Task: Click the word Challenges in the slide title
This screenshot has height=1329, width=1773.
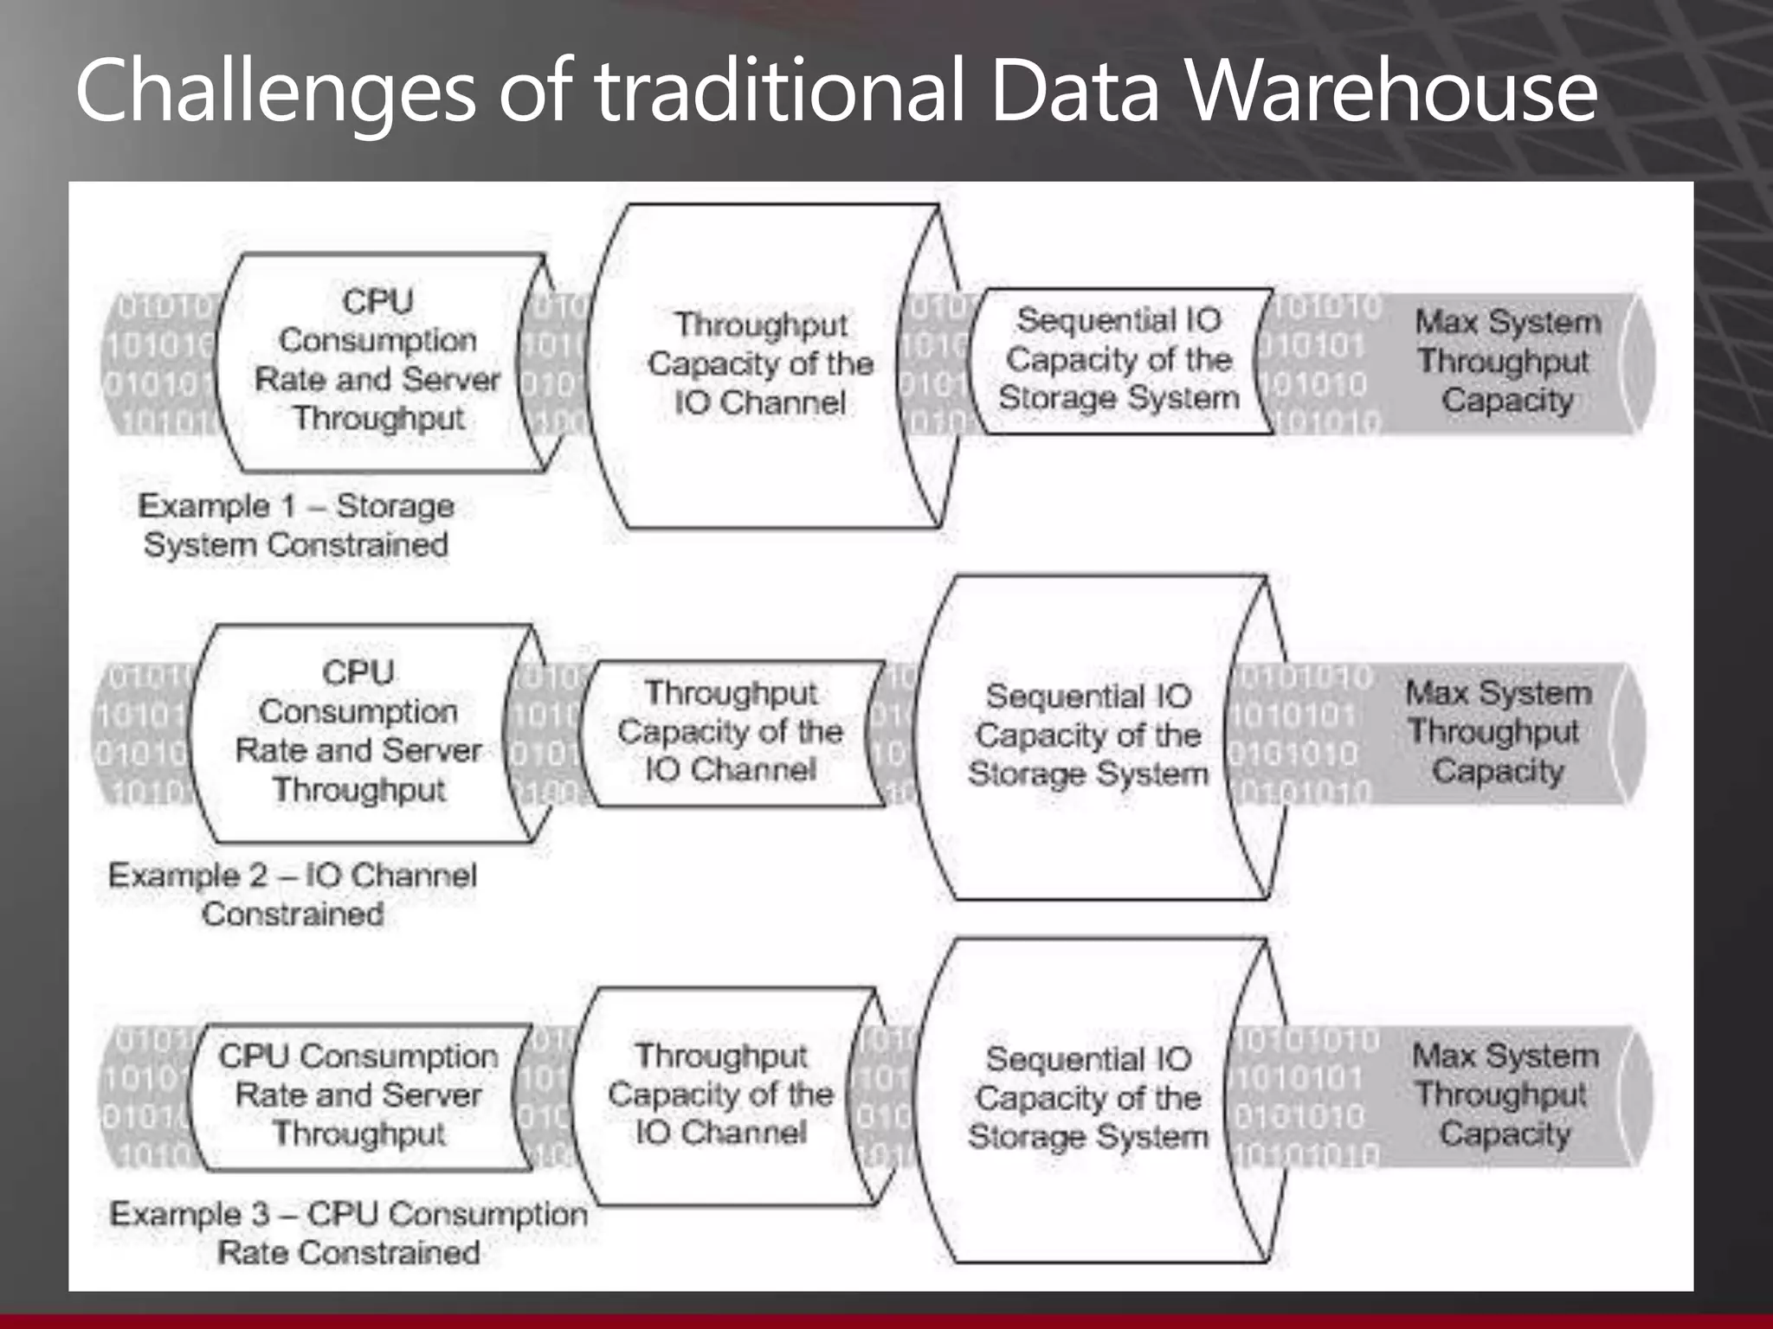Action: [x=275, y=91]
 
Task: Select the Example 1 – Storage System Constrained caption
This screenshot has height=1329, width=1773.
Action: [x=296, y=525]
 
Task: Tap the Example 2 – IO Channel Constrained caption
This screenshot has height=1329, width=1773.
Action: [x=293, y=895]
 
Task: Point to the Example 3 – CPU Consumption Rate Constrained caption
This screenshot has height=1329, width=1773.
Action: [x=349, y=1233]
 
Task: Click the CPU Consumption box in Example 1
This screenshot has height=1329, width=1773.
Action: [x=377, y=361]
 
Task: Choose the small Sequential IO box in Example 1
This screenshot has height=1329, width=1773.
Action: [x=1119, y=360]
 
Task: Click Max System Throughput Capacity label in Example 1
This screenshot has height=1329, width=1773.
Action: [x=1507, y=361]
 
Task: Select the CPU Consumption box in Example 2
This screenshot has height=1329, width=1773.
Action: [x=358, y=732]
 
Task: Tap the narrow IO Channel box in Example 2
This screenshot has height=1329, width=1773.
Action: [x=731, y=732]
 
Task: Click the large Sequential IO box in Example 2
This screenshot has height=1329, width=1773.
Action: [x=1088, y=735]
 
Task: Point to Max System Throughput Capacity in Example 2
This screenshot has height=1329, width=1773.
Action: [x=1499, y=732]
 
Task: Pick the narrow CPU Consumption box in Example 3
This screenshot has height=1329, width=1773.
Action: [x=358, y=1095]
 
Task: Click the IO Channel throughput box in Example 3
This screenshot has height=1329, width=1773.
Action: [x=721, y=1095]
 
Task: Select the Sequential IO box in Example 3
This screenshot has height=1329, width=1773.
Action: [x=1088, y=1099]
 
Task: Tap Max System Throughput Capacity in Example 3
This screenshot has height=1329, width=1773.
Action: [x=1505, y=1095]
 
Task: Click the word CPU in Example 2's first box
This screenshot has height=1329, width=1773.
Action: [x=358, y=673]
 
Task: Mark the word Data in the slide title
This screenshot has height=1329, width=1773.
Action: [x=1073, y=91]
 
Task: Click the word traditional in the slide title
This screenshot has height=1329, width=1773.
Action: [x=779, y=91]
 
